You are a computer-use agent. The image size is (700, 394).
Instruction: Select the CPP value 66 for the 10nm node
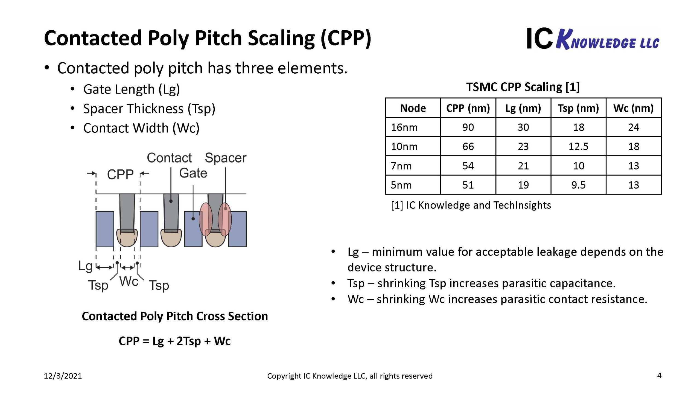pyautogui.click(x=468, y=146)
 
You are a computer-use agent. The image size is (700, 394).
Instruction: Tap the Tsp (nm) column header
pyautogui.click(x=578, y=108)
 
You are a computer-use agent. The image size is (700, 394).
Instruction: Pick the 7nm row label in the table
pyautogui.click(x=401, y=166)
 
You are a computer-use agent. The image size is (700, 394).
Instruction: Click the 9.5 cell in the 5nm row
pyautogui.click(x=578, y=185)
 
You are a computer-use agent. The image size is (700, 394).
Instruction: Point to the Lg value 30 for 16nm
pyautogui.click(x=523, y=127)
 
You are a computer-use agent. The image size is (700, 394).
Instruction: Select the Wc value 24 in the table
pyautogui.click(x=634, y=127)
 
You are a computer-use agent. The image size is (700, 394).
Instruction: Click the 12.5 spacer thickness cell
pyautogui.click(x=578, y=146)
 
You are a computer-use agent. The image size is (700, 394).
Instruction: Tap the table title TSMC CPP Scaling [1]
pyautogui.click(x=523, y=87)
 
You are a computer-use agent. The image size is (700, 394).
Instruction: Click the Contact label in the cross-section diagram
pyautogui.click(x=169, y=158)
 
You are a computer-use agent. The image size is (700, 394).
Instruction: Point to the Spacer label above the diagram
pyautogui.click(x=226, y=158)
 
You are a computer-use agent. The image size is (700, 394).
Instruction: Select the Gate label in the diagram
pyautogui.click(x=193, y=173)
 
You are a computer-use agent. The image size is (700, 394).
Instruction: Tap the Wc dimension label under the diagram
pyautogui.click(x=129, y=281)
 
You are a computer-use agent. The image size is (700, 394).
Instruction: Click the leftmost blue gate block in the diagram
pyautogui.click(x=105, y=229)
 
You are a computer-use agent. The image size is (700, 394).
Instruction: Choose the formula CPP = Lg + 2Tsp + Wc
pyautogui.click(x=175, y=341)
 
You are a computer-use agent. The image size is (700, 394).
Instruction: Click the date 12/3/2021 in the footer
pyautogui.click(x=63, y=376)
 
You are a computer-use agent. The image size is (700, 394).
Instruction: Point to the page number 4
pyautogui.click(x=659, y=375)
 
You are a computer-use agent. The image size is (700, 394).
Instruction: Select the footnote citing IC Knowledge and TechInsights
pyautogui.click(x=471, y=205)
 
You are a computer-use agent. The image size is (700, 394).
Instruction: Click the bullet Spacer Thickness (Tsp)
pyautogui.click(x=149, y=109)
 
